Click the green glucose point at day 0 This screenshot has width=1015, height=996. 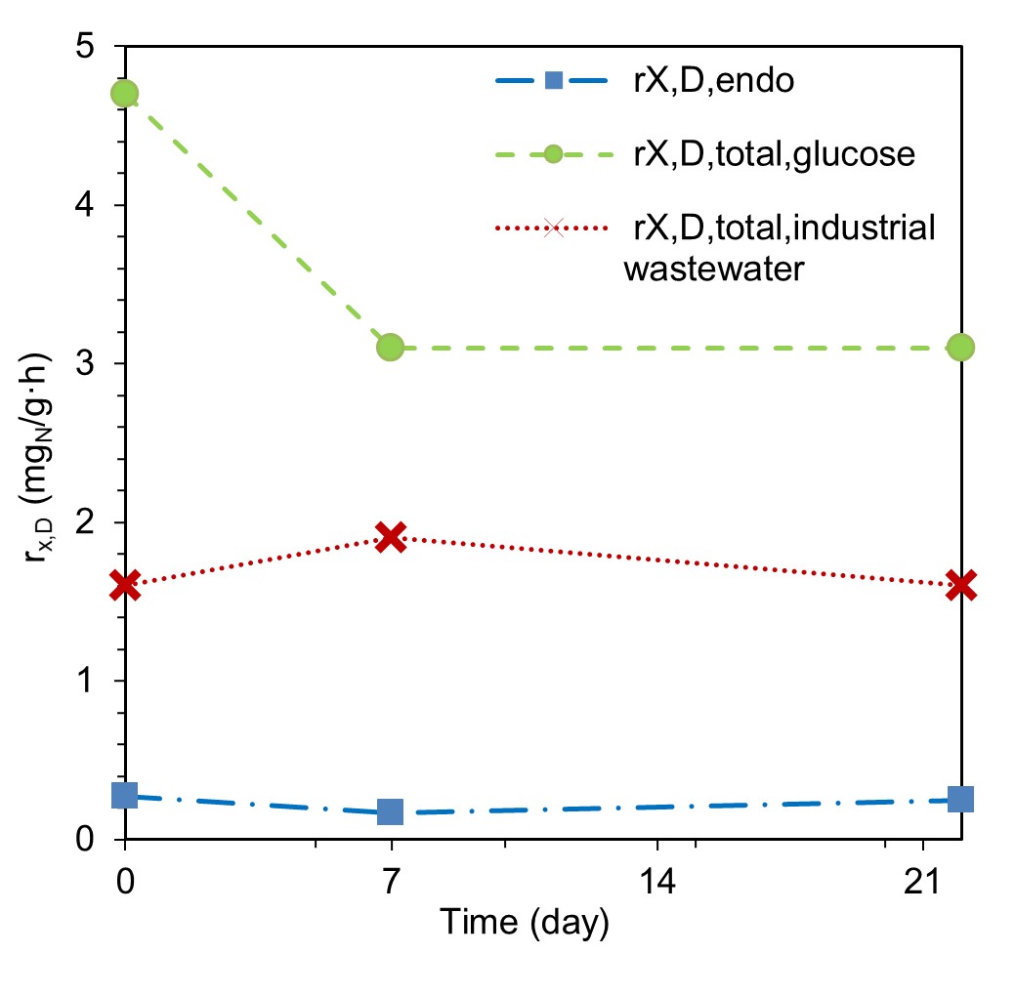point(124,94)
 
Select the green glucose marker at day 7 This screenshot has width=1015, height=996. point(391,347)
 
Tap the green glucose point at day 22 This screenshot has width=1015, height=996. point(961,347)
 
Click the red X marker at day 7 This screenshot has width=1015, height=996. point(391,535)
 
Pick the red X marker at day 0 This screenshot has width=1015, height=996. point(124,585)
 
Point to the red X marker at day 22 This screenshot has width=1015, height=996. point(961,585)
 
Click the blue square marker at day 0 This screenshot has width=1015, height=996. point(124,795)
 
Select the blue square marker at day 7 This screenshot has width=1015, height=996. point(391,811)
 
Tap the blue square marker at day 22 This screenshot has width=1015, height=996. point(961,799)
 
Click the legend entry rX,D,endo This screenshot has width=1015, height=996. point(711,80)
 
